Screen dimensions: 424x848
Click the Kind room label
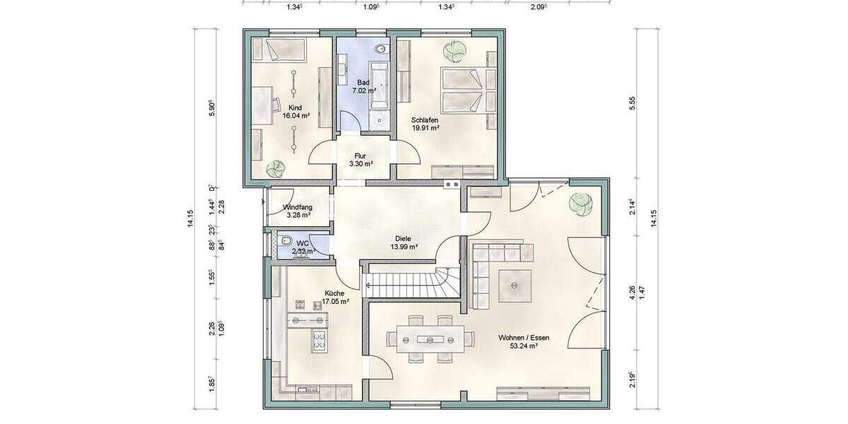coord(295,108)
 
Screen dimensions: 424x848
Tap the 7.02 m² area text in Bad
coord(365,91)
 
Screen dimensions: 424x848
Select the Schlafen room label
coord(425,120)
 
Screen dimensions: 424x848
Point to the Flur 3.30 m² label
coord(360,159)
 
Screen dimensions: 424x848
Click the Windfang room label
coord(297,207)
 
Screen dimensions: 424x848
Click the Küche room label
coord(334,293)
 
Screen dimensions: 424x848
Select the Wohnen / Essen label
coord(524,338)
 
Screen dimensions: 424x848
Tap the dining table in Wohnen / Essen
coord(428,339)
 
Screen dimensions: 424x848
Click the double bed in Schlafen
coord(463,89)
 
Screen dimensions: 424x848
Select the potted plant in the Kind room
coord(275,169)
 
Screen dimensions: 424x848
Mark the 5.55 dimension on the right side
coord(633,102)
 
